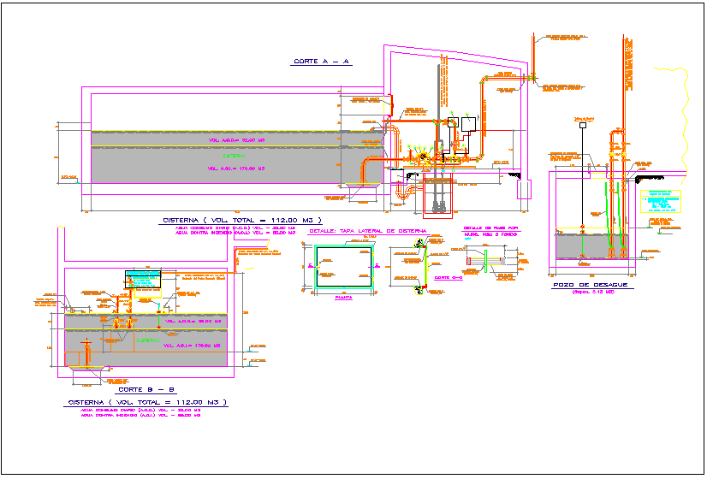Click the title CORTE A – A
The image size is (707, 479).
point(323,62)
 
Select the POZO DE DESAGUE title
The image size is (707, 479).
point(591,284)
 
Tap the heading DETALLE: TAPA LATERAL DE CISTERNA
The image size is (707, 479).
point(368,231)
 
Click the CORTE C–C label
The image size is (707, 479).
point(442,278)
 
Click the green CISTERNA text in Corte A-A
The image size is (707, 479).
point(233,156)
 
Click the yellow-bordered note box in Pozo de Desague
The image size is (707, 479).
point(660,202)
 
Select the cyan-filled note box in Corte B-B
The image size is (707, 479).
point(142,279)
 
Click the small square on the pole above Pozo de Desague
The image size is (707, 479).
point(582,126)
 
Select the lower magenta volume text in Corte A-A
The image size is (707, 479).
point(235,169)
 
